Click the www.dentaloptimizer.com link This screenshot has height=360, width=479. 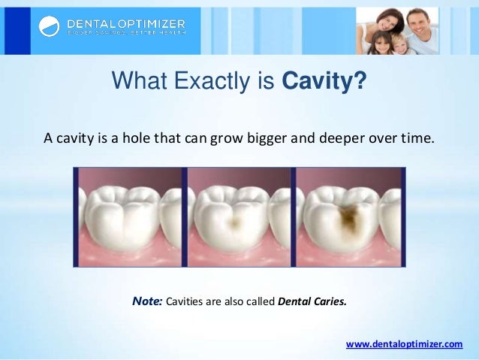point(404,343)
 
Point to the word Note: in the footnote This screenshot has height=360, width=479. point(147,301)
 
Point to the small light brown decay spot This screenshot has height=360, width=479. point(237,220)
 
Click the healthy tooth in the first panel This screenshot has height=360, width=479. point(126,218)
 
